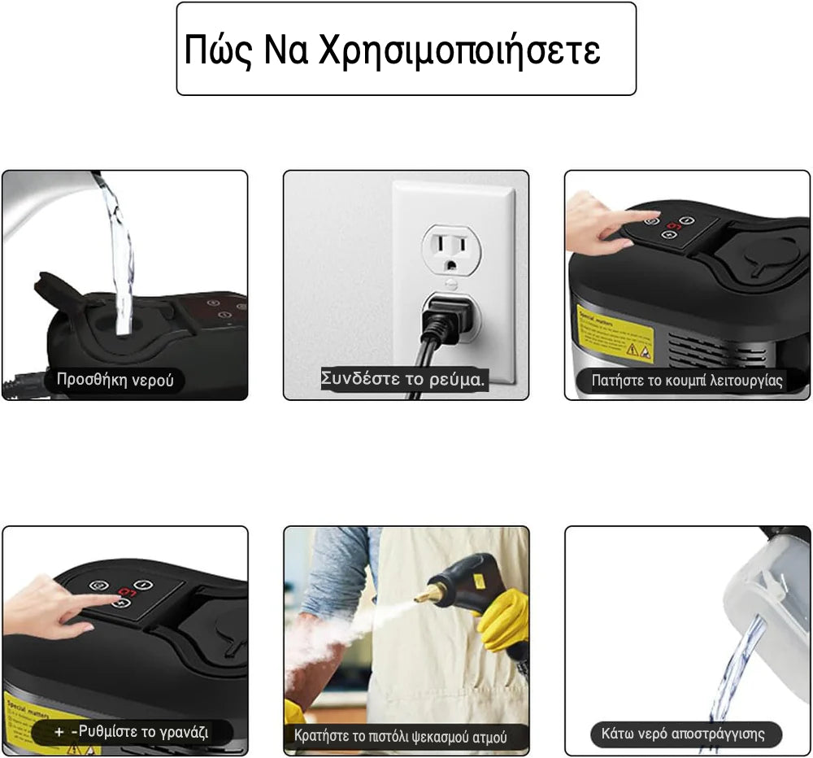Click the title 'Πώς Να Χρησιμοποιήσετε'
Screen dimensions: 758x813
(392, 50)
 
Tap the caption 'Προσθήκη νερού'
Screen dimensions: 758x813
(115, 380)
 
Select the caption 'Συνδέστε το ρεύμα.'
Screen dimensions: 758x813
(404, 379)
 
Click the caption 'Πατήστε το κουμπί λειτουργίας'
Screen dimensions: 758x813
(687, 380)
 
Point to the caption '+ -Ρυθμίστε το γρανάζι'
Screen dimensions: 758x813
(132, 731)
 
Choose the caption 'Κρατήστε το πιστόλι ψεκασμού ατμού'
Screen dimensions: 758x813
(400, 736)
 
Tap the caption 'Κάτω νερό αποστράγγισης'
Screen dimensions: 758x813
(683, 734)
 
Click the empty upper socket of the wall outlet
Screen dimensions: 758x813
(449, 247)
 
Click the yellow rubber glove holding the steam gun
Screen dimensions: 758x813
(502, 620)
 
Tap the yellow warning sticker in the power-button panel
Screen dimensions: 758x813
(615, 333)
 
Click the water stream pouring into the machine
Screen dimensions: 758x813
(120, 252)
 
